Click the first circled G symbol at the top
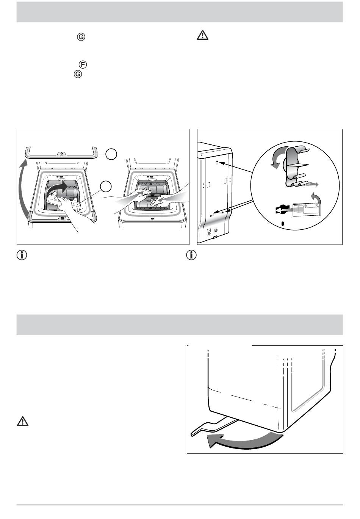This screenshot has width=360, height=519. [x=81, y=37]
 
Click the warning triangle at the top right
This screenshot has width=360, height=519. [x=203, y=35]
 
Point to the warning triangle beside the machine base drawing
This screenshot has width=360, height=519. [x=23, y=422]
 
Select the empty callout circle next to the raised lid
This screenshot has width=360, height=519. [x=111, y=154]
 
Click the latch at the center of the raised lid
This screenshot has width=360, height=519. [x=62, y=154]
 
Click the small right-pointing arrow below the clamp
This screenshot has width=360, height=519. [x=313, y=184]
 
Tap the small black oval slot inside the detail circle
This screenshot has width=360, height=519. [x=282, y=224]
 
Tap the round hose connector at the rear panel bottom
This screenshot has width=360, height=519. [x=216, y=230]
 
